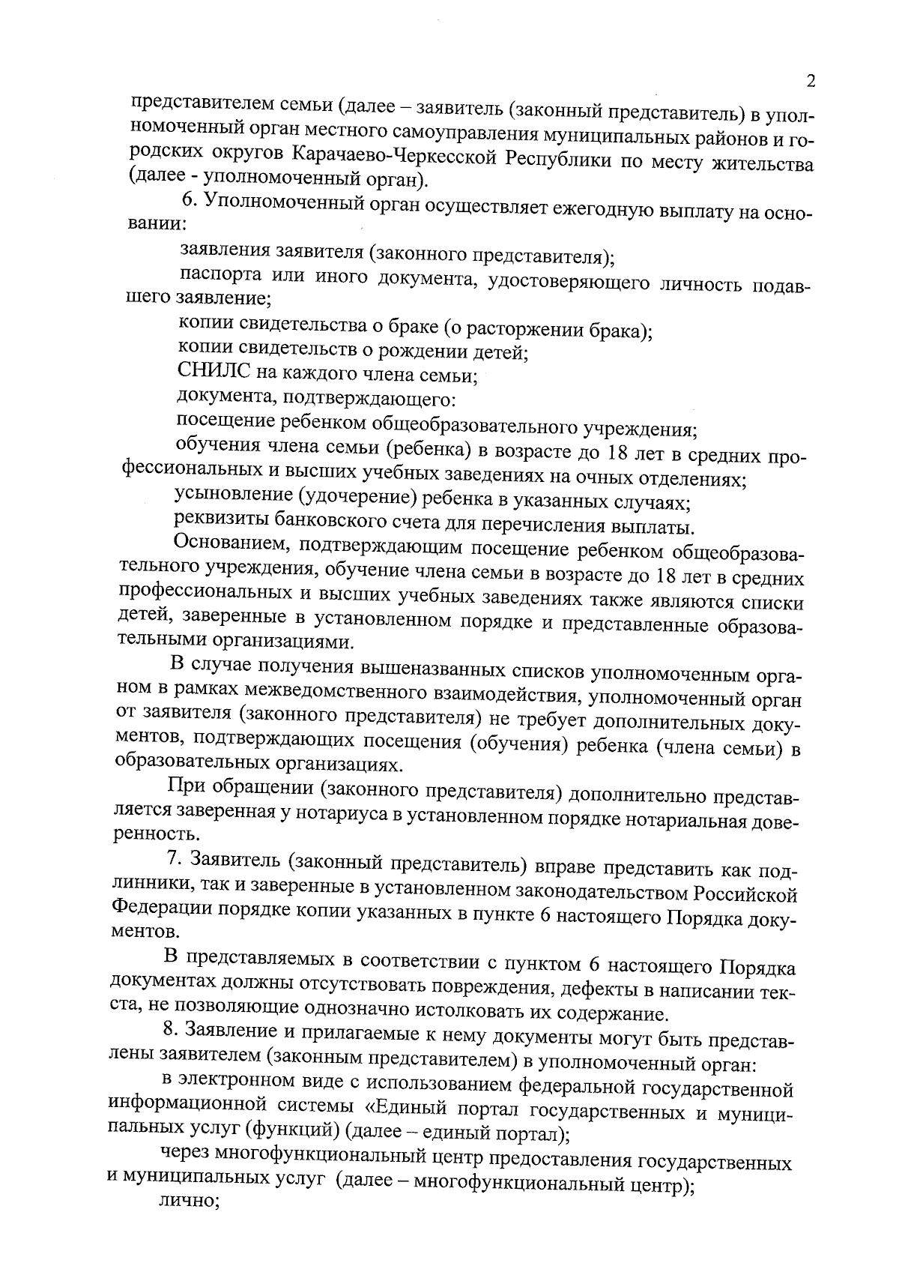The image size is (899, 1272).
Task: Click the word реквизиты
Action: [x=217, y=518]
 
